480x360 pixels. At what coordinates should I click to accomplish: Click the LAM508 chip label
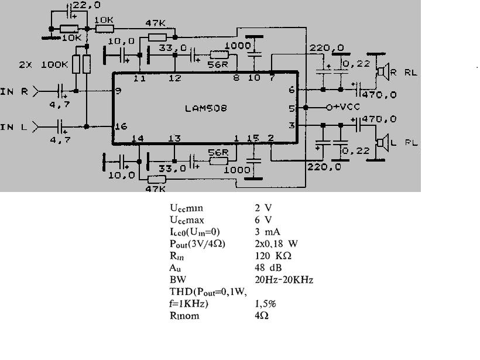(205, 108)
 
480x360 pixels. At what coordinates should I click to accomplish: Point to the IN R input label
(14, 91)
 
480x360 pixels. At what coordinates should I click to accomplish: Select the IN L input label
(14, 127)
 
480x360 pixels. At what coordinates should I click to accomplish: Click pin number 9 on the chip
(118, 91)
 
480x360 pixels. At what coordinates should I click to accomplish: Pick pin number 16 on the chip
(121, 126)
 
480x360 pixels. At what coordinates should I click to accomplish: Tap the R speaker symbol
(383, 71)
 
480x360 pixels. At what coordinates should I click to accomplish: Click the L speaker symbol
(383, 143)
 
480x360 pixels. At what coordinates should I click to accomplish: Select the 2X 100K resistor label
(43, 64)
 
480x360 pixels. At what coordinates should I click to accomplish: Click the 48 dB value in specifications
(268, 268)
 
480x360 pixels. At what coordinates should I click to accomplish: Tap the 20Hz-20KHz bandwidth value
(284, 279)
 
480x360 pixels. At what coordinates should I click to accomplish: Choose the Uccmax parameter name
(187, 220)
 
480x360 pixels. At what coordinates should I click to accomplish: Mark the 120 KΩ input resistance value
(273, 256)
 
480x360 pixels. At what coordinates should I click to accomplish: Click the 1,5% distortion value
(265, 304)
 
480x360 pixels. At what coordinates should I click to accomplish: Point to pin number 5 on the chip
(292, 108)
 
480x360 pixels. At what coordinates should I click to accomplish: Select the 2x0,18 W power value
(276, 244)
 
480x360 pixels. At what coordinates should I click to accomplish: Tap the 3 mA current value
(268, 232)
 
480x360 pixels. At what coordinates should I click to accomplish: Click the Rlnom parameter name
(184, 316)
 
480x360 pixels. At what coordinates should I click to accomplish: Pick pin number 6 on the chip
(292, 90)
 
